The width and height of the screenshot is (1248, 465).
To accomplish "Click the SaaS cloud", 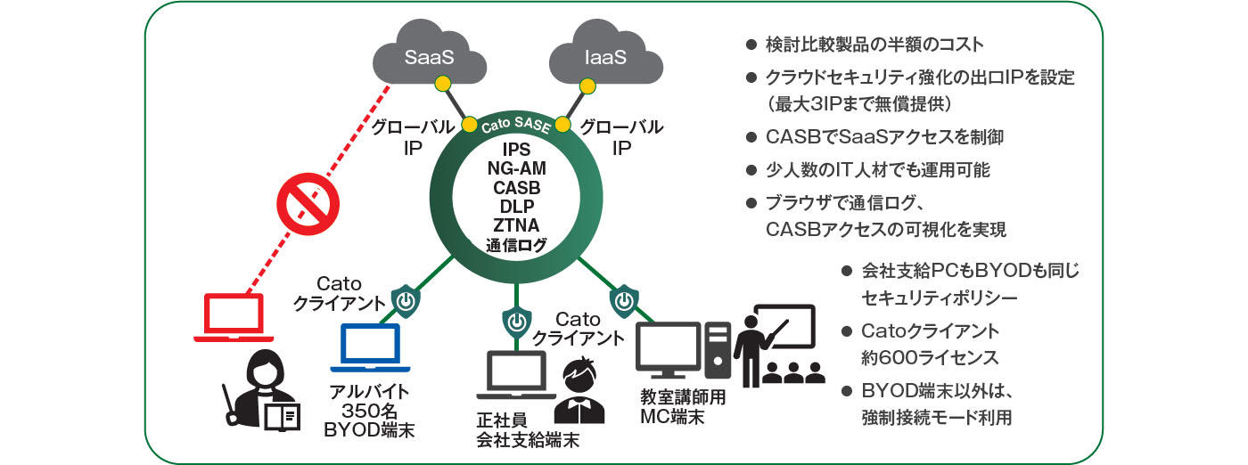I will pyautogui.click(x=430, y=59).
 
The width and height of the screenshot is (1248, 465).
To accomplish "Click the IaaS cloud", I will pyautogui.click(x=606, y=59).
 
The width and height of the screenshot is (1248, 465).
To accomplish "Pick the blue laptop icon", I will pyautogui.click(x=370, y=347).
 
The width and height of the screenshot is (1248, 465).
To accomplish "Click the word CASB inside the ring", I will pyautogui.click(x=517, y=187).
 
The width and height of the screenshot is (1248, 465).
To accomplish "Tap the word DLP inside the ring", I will pyautogui.click(x=517, y=207).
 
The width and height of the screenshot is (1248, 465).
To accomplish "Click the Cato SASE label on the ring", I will pyautogui.click(x=516, y=126).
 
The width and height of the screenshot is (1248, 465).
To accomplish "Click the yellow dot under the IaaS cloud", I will pyautogui.click(x=587, y=86).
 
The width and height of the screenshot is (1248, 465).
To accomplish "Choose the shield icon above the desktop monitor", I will pyautogui.click(x=623, y=298).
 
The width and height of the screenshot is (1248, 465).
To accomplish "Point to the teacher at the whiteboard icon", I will pyautogui.click(x=776, y=344).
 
